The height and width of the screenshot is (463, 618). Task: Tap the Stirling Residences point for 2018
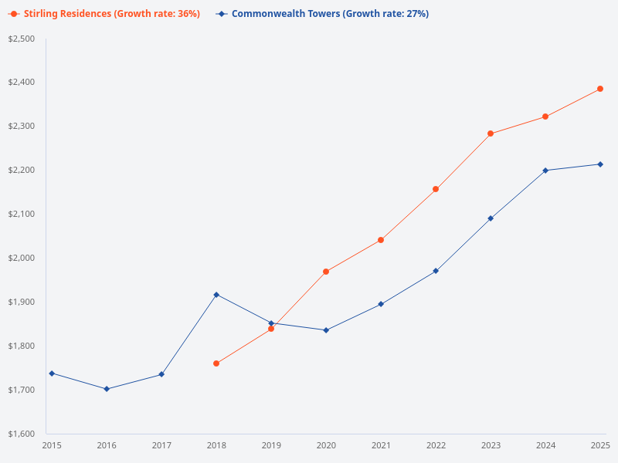point(216,363)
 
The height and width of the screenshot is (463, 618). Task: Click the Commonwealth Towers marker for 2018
point(216,295)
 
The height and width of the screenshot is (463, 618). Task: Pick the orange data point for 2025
point(600,89)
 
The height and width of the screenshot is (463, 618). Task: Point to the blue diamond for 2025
point(600,164)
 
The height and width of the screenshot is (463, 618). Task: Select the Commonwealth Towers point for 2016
point(107,389)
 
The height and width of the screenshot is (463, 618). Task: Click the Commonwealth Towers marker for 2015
point(52,373)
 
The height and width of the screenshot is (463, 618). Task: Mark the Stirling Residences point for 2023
point(491,133)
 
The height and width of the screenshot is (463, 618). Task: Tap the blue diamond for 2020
point(326,330)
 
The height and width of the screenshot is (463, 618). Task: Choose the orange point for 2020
point(326,272)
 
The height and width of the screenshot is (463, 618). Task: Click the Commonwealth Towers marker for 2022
point(436,271)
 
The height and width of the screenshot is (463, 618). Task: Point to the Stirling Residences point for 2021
point(381,240)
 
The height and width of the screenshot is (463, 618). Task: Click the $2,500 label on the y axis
point(22,39)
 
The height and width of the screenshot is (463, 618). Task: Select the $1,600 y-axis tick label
point(22,434)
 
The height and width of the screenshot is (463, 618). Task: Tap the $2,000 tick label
point(22,258)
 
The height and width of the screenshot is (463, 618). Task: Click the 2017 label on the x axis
point(161,445)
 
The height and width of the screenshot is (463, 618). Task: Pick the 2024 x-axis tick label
point(545,445)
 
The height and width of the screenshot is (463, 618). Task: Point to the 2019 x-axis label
point(271,445)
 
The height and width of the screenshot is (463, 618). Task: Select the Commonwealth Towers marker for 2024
point(545,171)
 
